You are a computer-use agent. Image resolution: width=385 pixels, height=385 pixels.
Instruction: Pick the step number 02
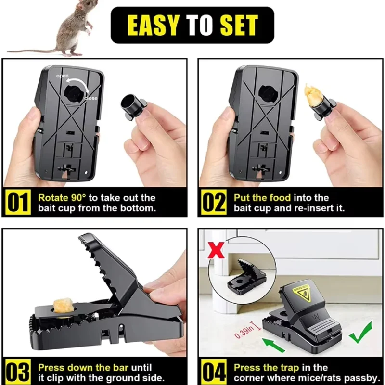point(213,203)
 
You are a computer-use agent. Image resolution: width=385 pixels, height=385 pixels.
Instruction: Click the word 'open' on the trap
point(63,76)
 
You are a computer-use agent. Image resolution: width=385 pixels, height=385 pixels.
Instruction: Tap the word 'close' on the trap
point(90,98)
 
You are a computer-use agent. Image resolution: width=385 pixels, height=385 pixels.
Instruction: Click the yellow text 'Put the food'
point(262,197)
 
